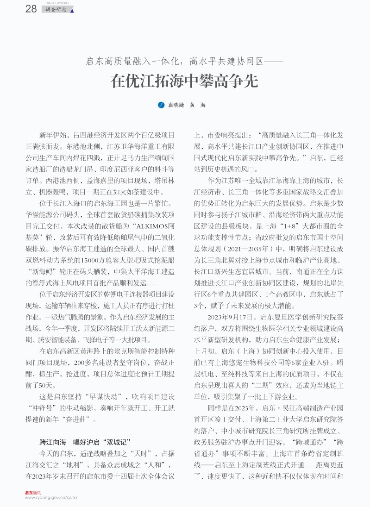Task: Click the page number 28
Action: coord(31,9)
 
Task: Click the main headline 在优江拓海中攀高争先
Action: coord(184,81)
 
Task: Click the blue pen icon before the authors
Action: coord(161,105)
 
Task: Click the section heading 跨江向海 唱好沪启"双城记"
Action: coord(86,442)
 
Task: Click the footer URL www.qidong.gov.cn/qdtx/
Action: coord(51,498)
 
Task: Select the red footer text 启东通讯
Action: coord(33,493)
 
